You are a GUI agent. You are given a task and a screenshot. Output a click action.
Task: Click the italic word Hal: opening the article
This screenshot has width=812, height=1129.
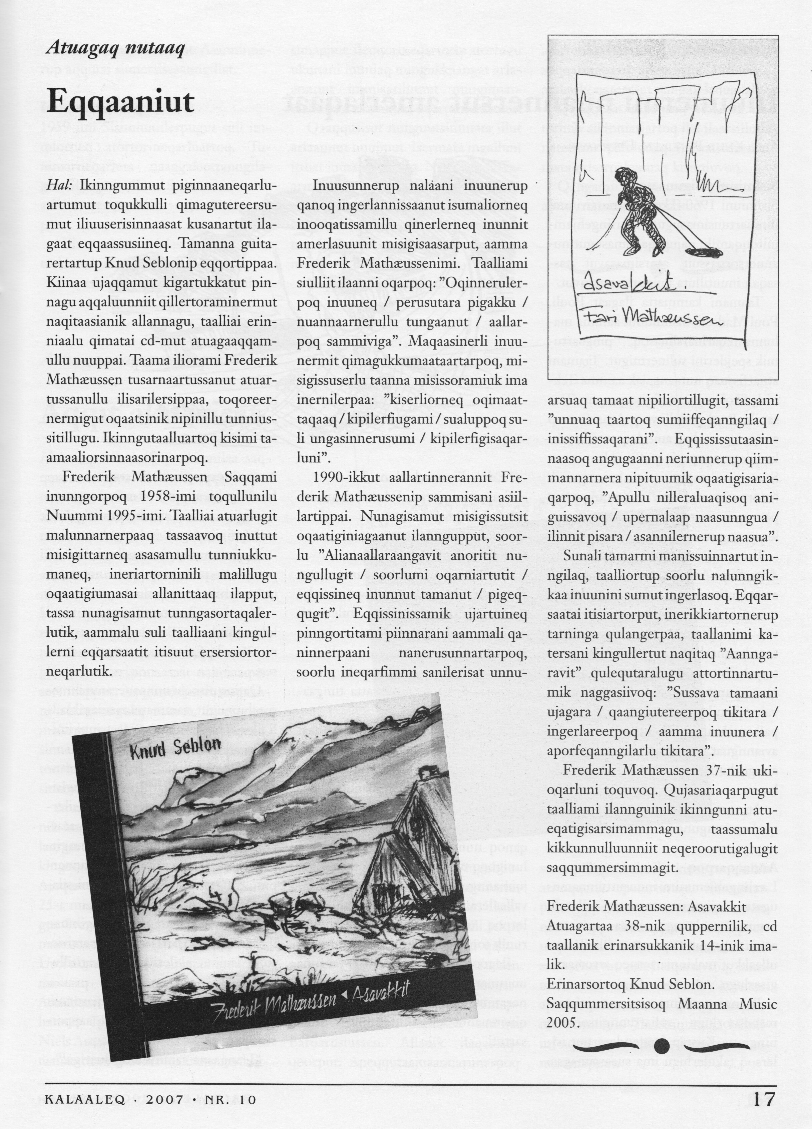click(x=60, y=186)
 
